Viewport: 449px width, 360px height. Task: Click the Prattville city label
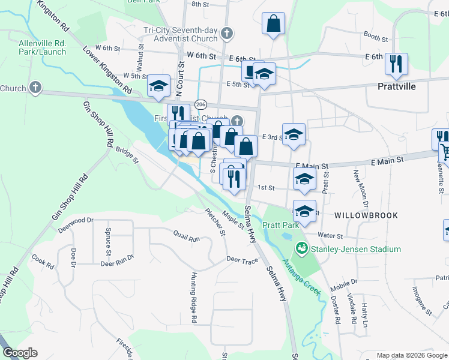tap(397, 86)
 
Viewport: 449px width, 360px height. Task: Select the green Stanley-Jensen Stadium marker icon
tap(301, 248)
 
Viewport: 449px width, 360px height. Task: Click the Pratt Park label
tap(283, 226)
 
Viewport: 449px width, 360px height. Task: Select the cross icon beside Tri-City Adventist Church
tap(226, 34)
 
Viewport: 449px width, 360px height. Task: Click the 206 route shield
tap(201, 104)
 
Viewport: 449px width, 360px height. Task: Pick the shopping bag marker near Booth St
tap(273, 24)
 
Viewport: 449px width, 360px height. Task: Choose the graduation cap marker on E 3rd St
tap(294, 134)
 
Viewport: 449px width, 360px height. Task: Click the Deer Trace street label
tap(242, 260)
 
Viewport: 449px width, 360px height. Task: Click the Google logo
tap(20, 353)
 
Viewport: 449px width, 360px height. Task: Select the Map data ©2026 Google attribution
tap(412, 355)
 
